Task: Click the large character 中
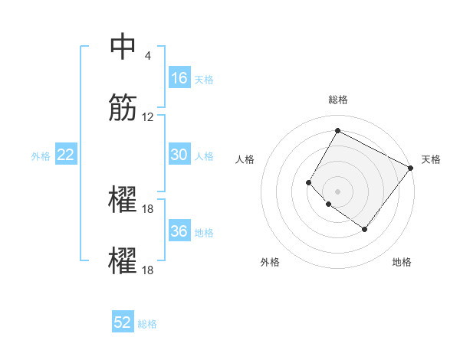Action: click(123, 47)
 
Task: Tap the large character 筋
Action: click(123, 109)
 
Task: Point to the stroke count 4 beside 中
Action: click(148, 57)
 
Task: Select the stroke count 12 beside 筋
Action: click(148, 117)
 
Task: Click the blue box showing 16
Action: click(179, 78)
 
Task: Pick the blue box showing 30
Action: click(179, 155)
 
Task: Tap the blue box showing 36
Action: click(179, 231)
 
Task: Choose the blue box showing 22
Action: click(66, 155)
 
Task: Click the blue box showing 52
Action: click(123, 322)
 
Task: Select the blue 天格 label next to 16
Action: click(204, 79)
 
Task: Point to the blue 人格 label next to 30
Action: click(204, 155)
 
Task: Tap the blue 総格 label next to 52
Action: click(147, 323)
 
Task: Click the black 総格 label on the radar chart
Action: click(338, 100)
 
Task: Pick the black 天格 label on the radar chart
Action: click(431, 159)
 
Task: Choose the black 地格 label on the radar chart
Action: click(402, 262)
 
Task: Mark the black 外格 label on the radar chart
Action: click(270, 262)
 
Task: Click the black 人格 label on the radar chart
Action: click(245, 159)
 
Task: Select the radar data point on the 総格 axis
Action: click(337, 130)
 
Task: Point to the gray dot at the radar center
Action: click(337, 191)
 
